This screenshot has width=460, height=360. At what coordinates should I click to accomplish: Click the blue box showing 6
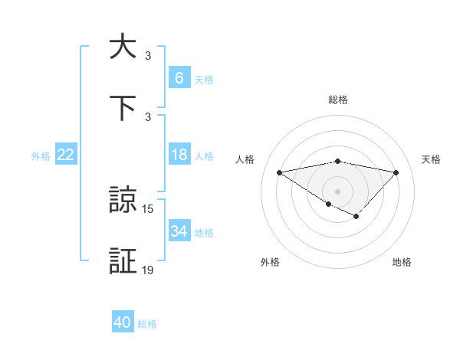[179, 77]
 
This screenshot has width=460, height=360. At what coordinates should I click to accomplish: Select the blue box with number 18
[179, 155]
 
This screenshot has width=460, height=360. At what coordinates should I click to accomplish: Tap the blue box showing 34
[179, 231]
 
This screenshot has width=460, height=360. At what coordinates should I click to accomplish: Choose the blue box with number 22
[66, 155]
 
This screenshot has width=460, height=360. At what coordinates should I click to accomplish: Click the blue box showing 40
[123, 322]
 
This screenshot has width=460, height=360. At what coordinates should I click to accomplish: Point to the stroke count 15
[148, 209]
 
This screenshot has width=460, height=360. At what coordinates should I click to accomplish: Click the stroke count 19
[148, 270]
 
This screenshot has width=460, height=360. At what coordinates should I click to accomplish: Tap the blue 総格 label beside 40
[147, 324]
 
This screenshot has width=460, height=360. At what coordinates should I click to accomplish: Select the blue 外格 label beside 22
[41, 155]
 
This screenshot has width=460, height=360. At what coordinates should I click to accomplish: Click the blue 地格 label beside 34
[204, 233]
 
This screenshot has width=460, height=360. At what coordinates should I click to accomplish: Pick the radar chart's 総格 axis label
[338, 100]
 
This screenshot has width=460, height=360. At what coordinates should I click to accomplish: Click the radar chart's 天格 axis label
[432, 159]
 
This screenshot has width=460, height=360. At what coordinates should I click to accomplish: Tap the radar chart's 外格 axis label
[270, 262]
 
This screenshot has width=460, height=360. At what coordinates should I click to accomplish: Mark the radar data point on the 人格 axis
[280, 172]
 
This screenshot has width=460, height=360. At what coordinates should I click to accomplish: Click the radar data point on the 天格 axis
[396, 172]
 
